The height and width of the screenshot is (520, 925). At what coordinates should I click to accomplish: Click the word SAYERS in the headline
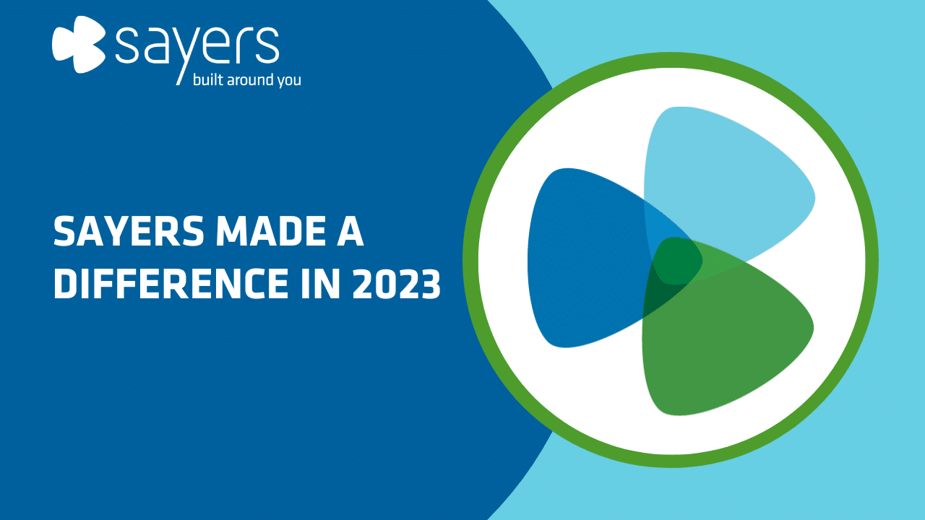pyautogui.click(x=129, y=231)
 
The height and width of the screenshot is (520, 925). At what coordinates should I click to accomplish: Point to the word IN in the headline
pyautogui.click(x=321, y=283)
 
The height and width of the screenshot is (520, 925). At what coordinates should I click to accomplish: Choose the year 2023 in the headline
pyautogui.click(x=397, y=283)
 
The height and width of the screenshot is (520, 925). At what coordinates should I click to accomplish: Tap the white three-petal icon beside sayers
pyautogui.click(x=79, y=44)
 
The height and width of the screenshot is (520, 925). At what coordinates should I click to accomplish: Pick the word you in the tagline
pyautogui.click(x=289, y=81)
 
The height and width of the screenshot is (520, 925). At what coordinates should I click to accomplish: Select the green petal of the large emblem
pyautogui.click(x=731, y=351)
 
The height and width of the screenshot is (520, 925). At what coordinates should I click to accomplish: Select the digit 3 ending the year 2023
pyautogui.click(x=430, y=283)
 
